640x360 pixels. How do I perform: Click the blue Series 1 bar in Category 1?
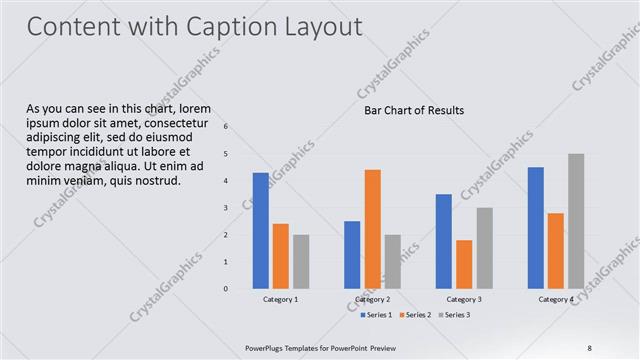point(260,230)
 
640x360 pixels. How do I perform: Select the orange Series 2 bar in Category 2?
point(372,229)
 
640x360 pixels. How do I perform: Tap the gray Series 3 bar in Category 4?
point(576,221)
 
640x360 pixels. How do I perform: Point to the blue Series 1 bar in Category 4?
point(536,227)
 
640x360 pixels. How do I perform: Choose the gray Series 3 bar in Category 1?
point(301,261)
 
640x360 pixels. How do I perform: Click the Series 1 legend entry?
point(376,315)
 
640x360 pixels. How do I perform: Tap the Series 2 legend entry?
point(416,315)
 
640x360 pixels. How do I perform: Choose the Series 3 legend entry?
point(455,315)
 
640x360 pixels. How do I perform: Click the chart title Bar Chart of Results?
point(414,110)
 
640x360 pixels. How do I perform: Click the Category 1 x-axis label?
point(280,299)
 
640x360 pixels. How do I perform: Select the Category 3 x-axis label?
point(463,299)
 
